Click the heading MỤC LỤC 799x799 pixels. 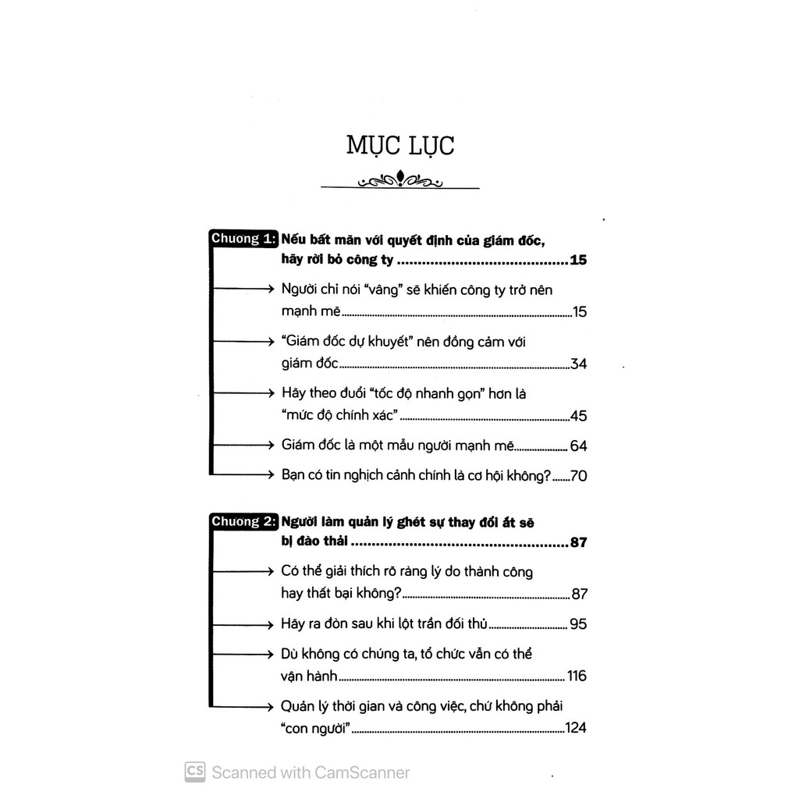(400, 146)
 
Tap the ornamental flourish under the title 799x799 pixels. (400, 181)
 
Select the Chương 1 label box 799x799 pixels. (243, 239)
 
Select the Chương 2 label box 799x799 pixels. (243, 521)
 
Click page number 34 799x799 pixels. (578, 364)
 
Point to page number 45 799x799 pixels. (578, 416)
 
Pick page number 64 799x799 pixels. (578, 446)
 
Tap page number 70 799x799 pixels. (578, 475)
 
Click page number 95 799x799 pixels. (578, 624)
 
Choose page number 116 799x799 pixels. (576, 676)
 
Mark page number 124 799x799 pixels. (575, 729)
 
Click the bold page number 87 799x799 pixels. (578, 543)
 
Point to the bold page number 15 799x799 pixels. (578, 261)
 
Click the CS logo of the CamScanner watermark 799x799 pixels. (195, 772)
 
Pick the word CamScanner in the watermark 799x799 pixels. (362, 772)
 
